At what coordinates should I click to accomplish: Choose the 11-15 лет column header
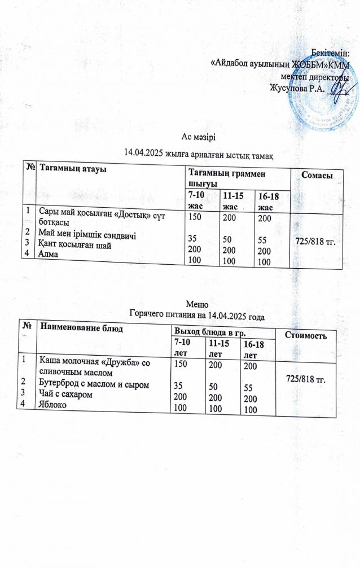[217, 347]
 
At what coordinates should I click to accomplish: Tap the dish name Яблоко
[52, 404]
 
